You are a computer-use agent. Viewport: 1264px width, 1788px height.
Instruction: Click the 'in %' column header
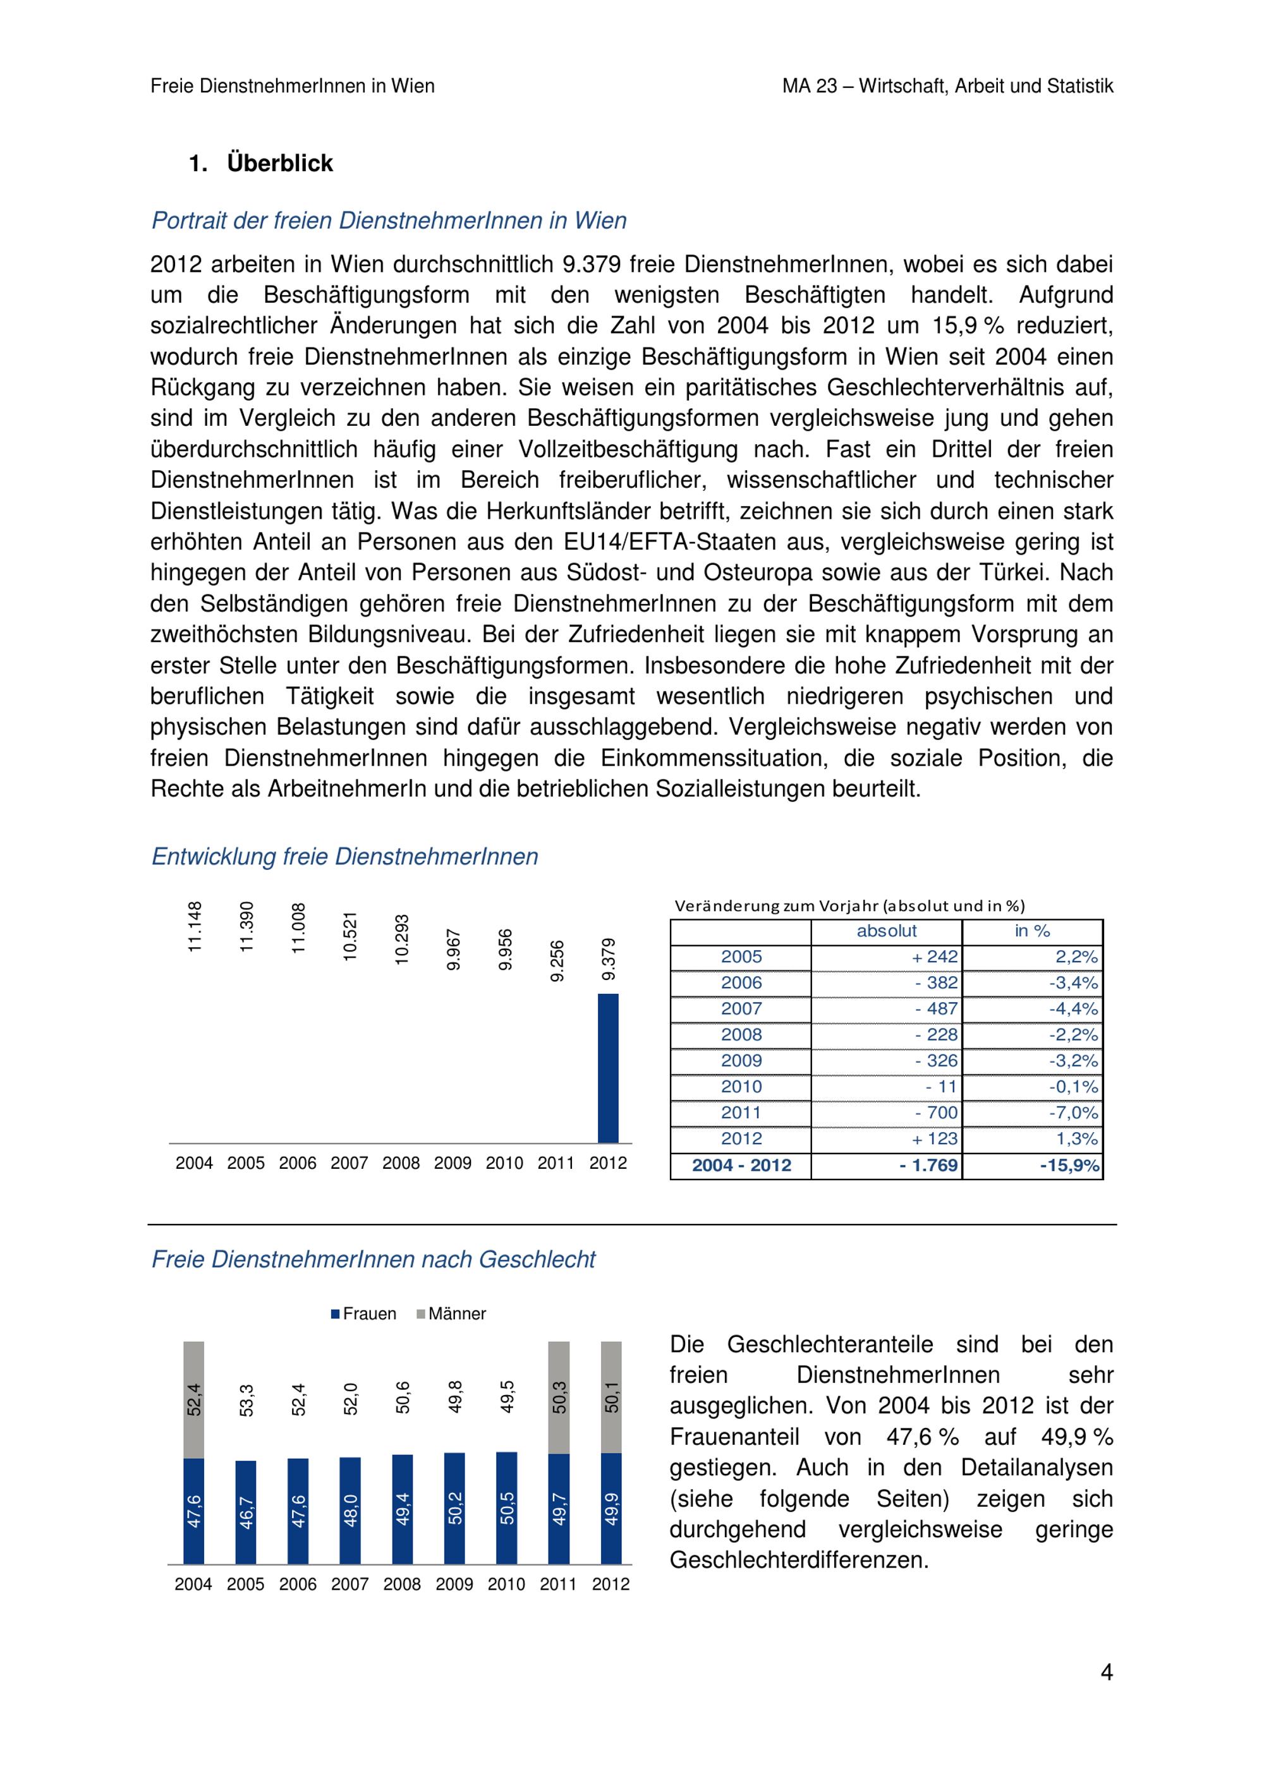(1032, 931)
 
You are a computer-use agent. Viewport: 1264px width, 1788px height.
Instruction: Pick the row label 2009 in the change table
(741, 1060)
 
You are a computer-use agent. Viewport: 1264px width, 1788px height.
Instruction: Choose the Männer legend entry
(452, 1314)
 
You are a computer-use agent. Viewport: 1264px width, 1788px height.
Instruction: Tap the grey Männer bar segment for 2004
(194, 1399)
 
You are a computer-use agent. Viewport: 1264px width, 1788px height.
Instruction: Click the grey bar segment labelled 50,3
(559, 1397)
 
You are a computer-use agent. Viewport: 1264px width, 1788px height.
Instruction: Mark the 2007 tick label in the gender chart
(349, 1584)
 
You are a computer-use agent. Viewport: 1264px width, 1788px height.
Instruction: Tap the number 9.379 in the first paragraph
(591, 265)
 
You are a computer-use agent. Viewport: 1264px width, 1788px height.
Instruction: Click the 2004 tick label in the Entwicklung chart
(194, 1163)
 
